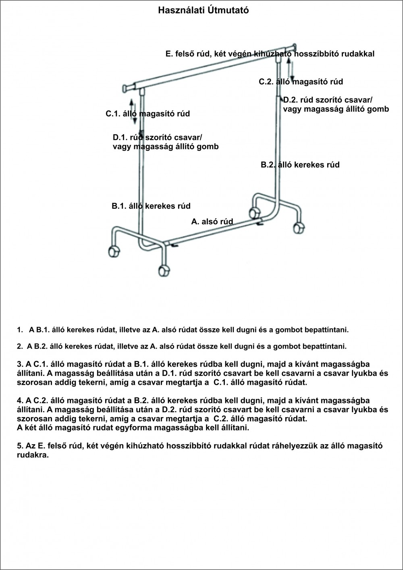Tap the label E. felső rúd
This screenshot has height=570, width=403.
[x=270, y=54]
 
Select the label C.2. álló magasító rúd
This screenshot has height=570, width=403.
[x=301, y=82]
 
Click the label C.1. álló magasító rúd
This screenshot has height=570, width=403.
[x=147, y=114]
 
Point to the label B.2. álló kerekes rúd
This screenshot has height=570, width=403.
[x=300, y=165]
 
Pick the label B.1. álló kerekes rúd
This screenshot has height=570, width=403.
[x=151, y=206]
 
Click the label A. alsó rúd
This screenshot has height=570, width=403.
[x=212, y=221]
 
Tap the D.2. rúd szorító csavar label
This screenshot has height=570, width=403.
[x=336, y=104]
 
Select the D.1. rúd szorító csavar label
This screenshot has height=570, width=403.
[x=165, y=142]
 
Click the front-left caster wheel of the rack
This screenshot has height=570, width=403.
[x=114, y=251]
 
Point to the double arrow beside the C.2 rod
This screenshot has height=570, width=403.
[x=291, y=68]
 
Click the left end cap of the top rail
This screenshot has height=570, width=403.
[x=125, y=88]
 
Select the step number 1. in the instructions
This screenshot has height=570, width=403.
[x=20, y=330]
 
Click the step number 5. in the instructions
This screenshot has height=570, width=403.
[x=20, y=446]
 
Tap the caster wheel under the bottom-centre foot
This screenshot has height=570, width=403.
[x=163, y=271]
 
